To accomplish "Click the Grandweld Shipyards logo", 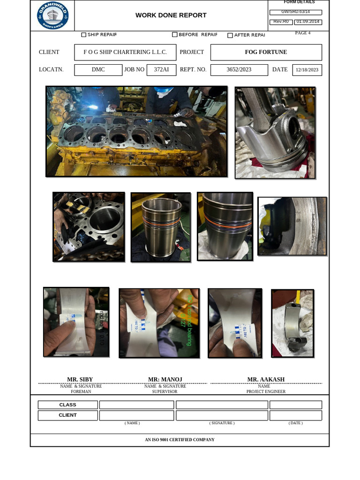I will click(52, 15).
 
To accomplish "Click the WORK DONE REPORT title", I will click(171, 15).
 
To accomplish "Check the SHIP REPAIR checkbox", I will click(84, 35).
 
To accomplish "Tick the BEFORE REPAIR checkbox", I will click(175, 35).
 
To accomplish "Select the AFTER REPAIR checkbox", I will click(230, 35).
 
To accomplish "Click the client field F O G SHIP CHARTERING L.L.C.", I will click(125, 52).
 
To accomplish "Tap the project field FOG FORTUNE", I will click(266, 52).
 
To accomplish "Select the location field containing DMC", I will click(98, 69).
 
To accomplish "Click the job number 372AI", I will click(161, 69).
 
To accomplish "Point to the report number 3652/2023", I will click(239, 69).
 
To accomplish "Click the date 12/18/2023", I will click(307, 70).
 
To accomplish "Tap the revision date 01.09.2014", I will click(308, 22).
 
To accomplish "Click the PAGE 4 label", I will click(302, 33).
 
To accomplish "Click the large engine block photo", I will click(136, 131).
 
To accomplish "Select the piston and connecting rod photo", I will click(275, 133).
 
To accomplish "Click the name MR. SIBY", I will click(80, 379).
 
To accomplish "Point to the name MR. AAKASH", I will click(266, 379).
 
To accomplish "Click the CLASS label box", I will click(67, 405).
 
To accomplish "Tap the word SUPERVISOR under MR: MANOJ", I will click(165, 391).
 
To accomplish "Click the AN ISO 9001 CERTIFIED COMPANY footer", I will click(180, 440).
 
